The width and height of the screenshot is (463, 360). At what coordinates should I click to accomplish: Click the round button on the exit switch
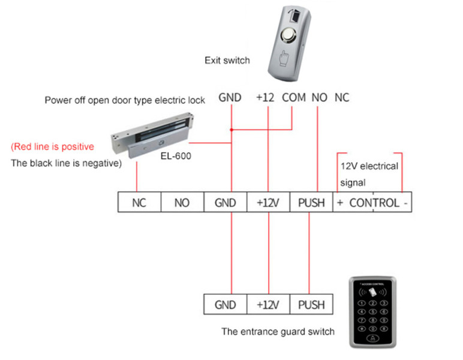(x=288, y=35)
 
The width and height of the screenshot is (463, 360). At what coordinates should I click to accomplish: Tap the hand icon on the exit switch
(x=284, y=58)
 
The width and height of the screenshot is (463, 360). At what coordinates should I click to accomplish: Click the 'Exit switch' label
(x=227, y=60)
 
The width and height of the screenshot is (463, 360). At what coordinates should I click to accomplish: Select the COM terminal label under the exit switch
(x=293, y=97)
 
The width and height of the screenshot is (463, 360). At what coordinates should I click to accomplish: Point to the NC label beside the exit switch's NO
(x=342, y=97)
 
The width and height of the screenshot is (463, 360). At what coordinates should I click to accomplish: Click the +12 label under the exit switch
(x=265, y=97)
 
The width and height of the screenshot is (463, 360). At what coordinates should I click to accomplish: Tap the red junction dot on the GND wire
(x=231, y=130)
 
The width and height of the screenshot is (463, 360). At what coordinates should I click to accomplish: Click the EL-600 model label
(x=176, y=155)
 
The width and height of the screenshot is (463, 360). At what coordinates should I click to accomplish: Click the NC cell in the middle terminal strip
(x=139, y=202)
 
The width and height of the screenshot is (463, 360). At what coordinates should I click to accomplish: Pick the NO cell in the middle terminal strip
(x=182, y=202)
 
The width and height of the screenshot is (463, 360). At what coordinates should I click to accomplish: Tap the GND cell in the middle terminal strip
(x=226, y=202)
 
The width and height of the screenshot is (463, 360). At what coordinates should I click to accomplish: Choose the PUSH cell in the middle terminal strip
(x=311, y=202)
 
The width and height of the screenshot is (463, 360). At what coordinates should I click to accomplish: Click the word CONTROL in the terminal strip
(x=374, y=203)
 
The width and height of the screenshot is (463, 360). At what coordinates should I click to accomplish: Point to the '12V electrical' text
(x=369, y=166)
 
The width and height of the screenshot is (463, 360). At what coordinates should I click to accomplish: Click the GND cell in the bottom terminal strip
(x=226, y=304)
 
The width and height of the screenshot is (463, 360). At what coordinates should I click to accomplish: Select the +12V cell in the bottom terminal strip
(x=268, y=304)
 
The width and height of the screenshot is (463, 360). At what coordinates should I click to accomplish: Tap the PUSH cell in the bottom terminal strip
(x=311, y=304)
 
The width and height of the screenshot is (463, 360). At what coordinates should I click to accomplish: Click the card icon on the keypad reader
(x=372, y=292)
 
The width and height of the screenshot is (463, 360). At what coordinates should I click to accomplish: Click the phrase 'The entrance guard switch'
(x=278, y=332)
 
